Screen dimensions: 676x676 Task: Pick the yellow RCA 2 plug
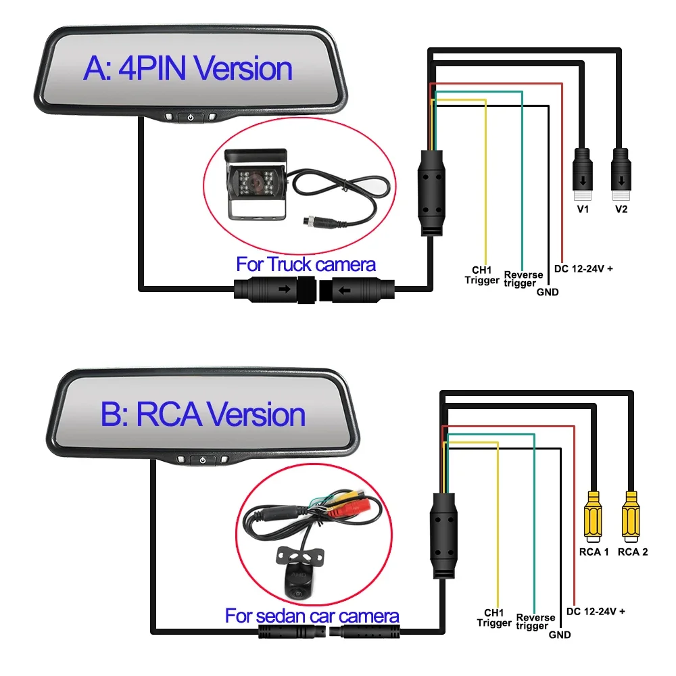click(633, 518)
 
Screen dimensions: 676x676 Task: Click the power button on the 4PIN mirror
click(191, 118)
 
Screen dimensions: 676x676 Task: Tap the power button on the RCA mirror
click(203, 461)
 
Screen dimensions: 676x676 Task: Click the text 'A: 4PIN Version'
click(188, 70)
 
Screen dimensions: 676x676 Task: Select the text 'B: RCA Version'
click(203, 414)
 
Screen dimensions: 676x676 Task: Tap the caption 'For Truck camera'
click(306, 264)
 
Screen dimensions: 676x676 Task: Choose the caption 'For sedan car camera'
click(312, 616)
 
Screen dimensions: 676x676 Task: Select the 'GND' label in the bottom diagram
click(560, 635)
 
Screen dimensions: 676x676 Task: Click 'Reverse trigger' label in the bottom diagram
click(535, 621)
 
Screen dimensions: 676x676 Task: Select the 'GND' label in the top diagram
click(548, 292)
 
